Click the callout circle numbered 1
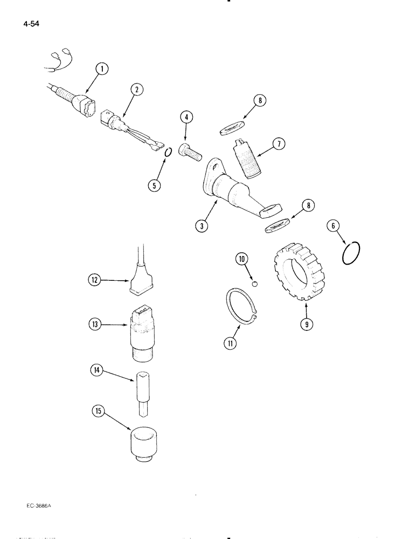(x=101, y=68)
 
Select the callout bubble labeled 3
(x=202, y=226)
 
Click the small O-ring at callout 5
(x=168, y=153)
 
